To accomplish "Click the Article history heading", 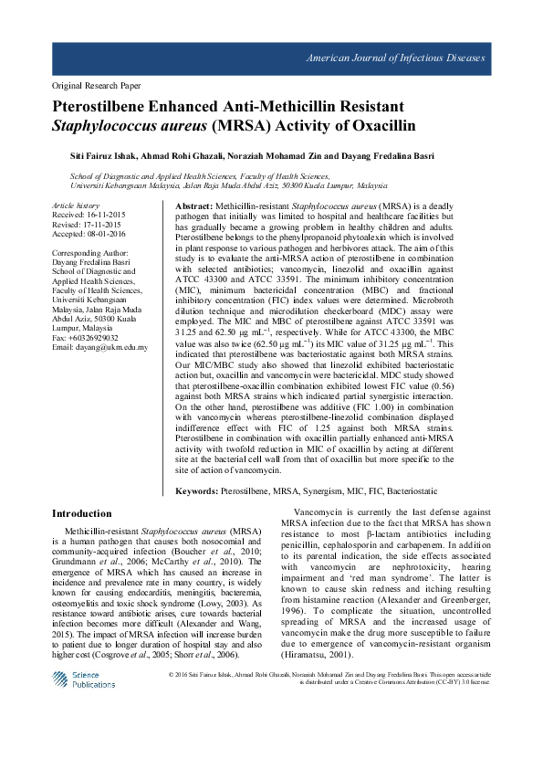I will (x=76, y=206).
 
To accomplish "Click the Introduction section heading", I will (x=82, y=514).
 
